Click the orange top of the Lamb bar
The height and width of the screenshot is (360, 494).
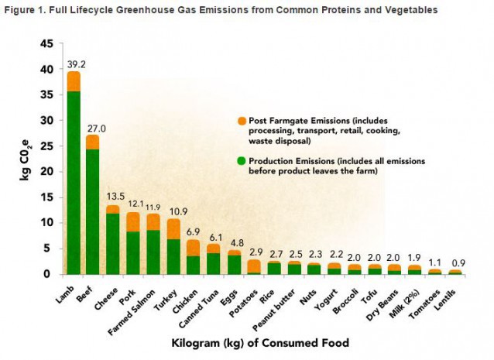pyautogui.click(x=74, y=81)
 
